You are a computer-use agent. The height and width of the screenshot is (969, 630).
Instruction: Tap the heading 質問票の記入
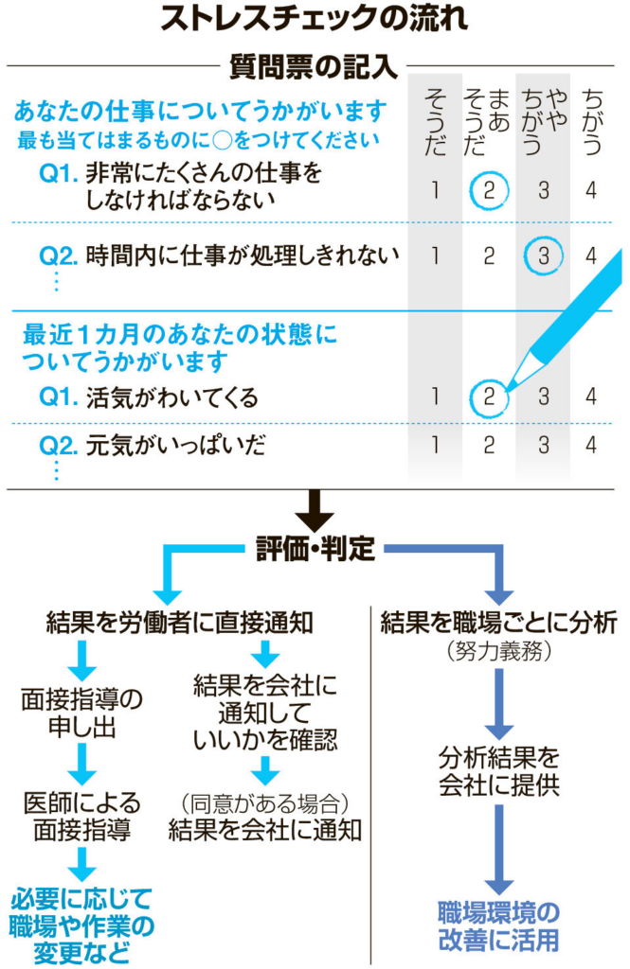tap(315, 67)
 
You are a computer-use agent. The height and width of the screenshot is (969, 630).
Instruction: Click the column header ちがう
tap(592, 118)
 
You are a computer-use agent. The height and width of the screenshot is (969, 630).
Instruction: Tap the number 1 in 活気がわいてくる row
tap(434, 396)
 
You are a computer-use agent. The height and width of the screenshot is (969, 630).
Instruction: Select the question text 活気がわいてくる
tap(171, 397)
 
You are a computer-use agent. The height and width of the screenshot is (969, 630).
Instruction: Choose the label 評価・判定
tap(315, 548)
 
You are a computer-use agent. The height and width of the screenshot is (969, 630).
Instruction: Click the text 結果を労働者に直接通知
tap(180, 622)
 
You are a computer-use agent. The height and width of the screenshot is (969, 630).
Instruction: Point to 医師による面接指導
tap(82, 817)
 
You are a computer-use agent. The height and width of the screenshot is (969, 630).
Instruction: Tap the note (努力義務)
tap(499, 653)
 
